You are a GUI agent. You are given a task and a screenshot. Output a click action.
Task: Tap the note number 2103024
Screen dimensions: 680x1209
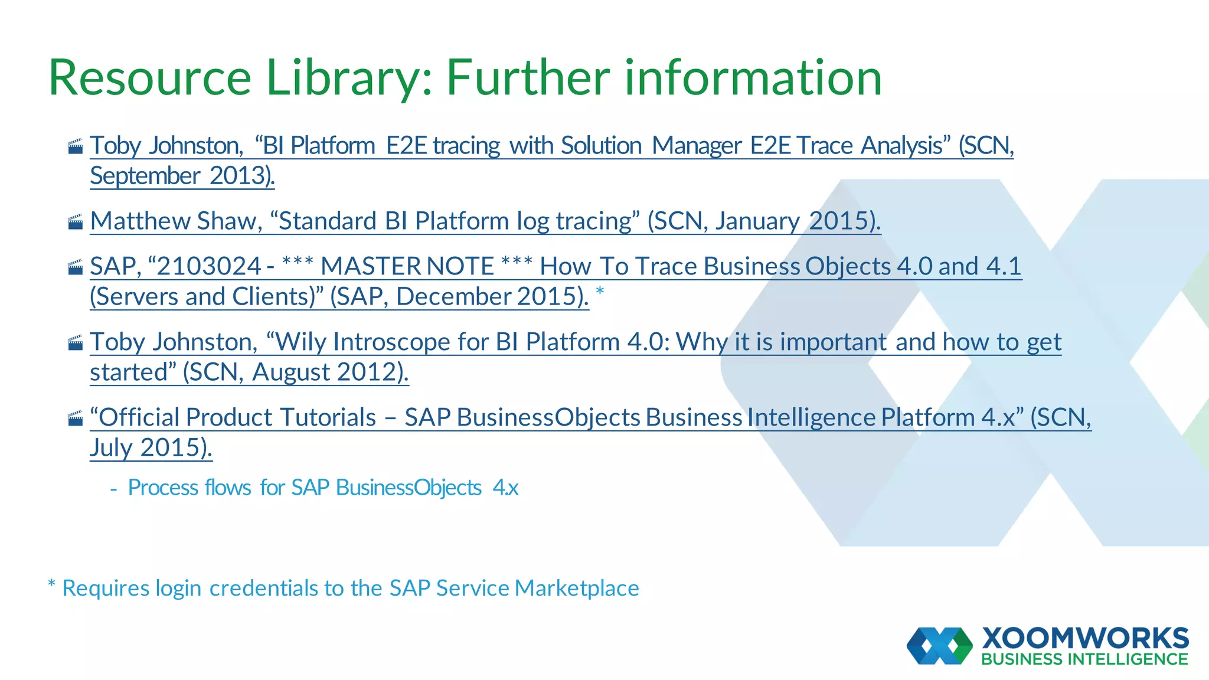[209, 266]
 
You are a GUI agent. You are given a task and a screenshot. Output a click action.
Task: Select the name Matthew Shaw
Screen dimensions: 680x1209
[175, 221]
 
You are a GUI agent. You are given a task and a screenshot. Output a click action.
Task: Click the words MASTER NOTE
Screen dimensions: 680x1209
[407, 266]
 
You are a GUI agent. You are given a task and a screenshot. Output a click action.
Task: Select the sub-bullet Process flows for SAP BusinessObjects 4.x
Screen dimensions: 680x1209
[322, 488]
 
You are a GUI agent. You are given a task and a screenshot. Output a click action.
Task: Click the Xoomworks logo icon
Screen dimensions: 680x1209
[939, 646]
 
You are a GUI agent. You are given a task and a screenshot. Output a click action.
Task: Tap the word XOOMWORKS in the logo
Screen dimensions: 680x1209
[1085, 639]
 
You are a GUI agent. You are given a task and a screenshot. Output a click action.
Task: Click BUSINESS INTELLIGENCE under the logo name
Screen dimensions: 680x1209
[1084, 659]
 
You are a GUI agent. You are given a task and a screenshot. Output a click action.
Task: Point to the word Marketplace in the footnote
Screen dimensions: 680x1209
[576, 589]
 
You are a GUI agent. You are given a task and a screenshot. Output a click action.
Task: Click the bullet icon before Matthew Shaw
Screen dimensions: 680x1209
[75, 223]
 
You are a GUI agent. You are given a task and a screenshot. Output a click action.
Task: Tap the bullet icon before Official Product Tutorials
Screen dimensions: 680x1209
[75, 419]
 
